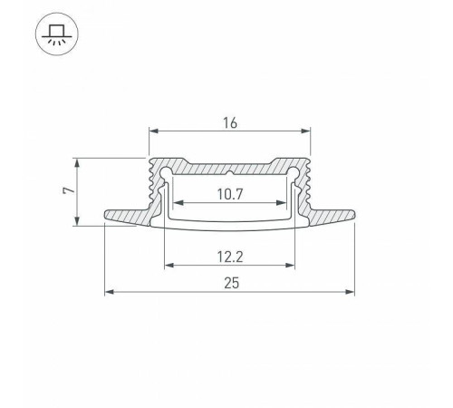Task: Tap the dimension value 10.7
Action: coord(230,192)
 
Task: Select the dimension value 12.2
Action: coord(230,257)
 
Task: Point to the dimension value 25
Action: coord(230,283)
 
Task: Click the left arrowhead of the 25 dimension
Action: coord(110,292)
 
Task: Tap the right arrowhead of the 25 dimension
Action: coord(350,292)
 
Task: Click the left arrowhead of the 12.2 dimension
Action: coord(168,267)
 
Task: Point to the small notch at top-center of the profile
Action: coord(230,170)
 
